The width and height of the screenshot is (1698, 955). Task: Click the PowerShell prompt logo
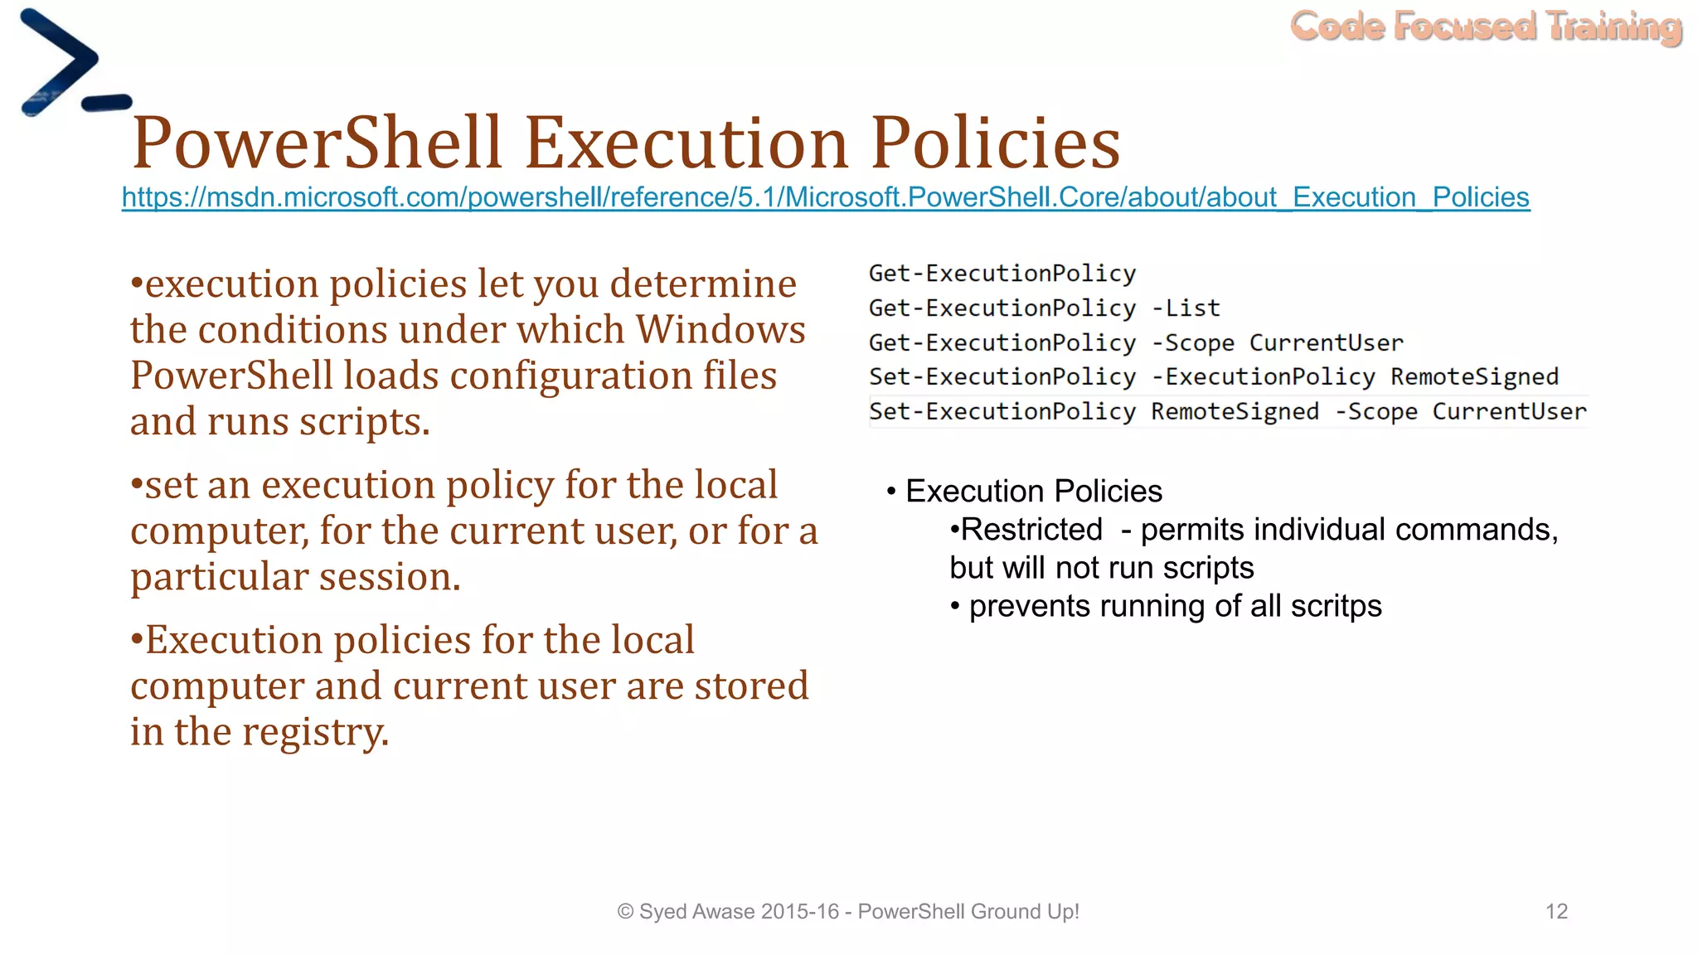[x=70, y=65]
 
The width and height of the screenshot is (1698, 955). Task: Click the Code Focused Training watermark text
[x=1486, y=27]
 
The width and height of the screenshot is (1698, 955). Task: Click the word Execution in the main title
[x=686, y=143]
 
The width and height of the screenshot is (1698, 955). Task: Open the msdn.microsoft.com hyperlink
[x=825, y=197]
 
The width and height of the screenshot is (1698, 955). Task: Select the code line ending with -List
[x=1044, y=308]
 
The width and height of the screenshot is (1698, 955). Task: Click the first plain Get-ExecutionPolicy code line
[x=1002, y=274]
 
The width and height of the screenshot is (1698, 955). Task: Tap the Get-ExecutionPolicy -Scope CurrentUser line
[x=1135, y=343]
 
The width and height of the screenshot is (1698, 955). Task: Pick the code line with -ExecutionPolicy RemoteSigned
[x=1213, y=377]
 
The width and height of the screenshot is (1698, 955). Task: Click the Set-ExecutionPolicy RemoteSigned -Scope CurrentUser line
[x=1226, y=412]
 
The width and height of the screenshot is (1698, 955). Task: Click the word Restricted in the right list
[x=1031, y=530]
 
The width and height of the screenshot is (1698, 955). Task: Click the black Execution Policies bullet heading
[x=1033, y=492]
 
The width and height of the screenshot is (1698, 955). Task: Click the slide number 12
[x=1556, y=912]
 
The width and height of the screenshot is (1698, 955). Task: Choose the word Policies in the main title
[x=995, y=143]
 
